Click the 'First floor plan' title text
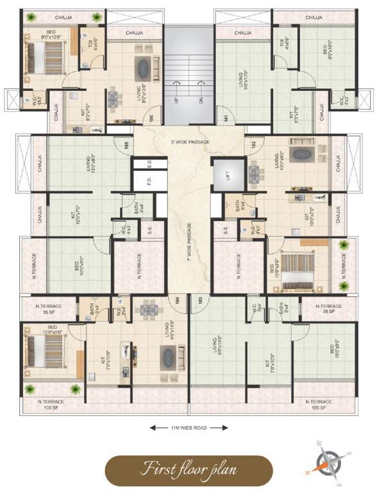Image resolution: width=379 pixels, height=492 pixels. pos(189,468)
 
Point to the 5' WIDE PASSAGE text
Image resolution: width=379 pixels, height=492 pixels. pos(189,142)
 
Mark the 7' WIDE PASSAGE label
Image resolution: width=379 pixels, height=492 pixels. pos(189,244)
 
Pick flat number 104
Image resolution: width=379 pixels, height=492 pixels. pos(176,299)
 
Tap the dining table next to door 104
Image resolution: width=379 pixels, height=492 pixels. pos(148,311)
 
